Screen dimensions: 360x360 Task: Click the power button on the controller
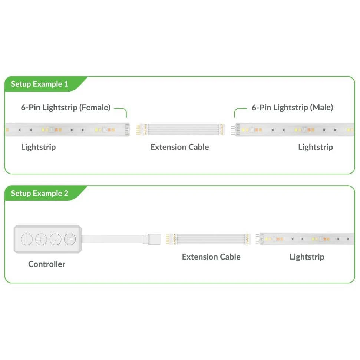coord(27,239)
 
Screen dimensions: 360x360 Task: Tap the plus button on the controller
coord(41,239)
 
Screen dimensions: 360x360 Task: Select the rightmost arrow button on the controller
coord(70,239)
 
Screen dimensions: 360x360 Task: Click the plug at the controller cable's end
coord(152,239)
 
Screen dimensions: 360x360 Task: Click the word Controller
coord(47,264)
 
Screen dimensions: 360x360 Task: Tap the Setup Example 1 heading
coord(40,84)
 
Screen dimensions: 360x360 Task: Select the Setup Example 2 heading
coord(40,193)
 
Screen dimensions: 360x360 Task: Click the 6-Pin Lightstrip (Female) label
coord(66,108)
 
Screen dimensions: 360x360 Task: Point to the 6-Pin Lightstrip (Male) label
coord(292,108)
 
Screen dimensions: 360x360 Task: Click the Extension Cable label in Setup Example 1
coord(179,147)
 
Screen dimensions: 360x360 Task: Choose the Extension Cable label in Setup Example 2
coord(211,257)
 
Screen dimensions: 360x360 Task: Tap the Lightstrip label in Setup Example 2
coord(307,257)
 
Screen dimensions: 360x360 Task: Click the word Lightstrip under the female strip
coord(38,147)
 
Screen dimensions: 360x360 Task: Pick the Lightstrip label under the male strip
coord(316,147)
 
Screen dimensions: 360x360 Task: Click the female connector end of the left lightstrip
coord(127,130)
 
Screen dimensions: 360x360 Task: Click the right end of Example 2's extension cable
coord(248,239)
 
